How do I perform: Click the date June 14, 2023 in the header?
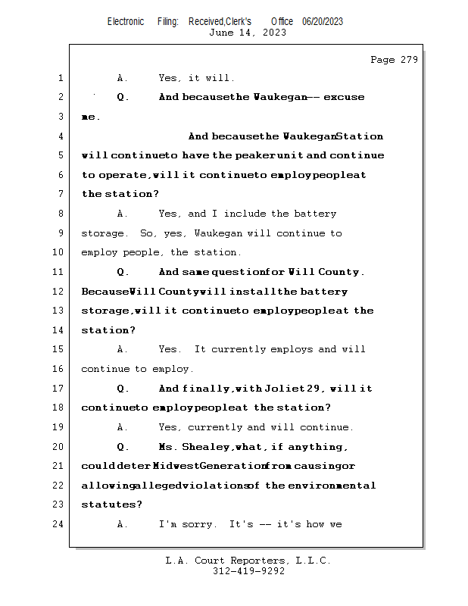[248, 33]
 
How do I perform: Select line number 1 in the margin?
[60, 78]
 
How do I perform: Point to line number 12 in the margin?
[58, 292]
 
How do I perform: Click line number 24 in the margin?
[58, 524]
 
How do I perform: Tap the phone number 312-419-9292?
[248, 572]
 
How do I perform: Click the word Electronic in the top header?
[126, 21]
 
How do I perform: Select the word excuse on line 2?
[344, 97]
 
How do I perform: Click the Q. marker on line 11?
[123, 272]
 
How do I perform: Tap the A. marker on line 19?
[123, 427]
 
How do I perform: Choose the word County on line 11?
[340, 272]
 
